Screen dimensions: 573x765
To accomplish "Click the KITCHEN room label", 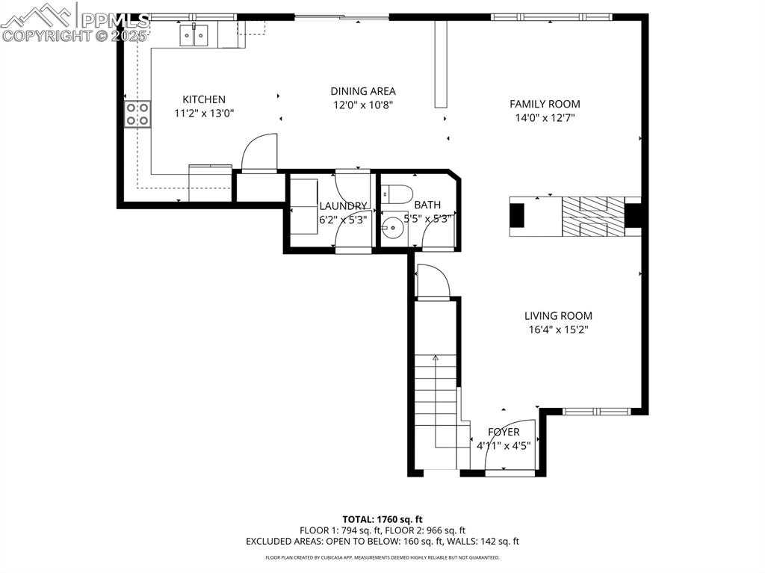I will (204, 99).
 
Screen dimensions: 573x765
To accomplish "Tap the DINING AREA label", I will (363, 91).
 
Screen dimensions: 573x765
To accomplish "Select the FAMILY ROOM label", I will (545, 104).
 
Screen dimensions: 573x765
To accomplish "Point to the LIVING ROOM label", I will (557, 316).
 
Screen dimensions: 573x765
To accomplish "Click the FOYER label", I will (504, 432).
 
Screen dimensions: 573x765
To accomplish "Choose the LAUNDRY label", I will (343, 206).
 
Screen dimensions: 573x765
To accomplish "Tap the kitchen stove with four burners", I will (137, 114).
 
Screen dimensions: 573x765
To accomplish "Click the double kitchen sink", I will (194, 35).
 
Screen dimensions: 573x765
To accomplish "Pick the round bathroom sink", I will (392, 227).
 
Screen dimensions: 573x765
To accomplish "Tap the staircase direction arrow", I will (436, 359).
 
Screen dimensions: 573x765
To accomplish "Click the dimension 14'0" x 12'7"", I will (545, 117).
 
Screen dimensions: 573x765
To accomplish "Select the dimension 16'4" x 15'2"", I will (557, 329).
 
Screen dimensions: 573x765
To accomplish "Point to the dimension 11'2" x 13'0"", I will (204, 114).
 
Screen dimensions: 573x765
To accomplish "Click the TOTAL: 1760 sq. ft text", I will (382, 519).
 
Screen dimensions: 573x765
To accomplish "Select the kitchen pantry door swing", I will (259, 152).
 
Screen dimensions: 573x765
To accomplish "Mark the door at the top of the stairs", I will (433, 282).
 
